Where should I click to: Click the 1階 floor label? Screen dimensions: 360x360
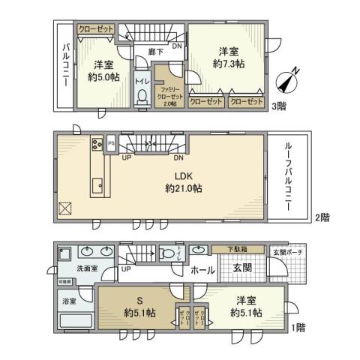[x=298, y=328]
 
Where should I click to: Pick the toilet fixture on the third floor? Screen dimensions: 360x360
[x=141, y=95]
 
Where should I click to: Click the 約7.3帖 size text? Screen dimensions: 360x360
[x=229, y=64]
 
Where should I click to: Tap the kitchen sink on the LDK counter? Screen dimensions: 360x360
[x=97, y=184]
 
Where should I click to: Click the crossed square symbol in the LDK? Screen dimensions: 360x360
[x=64, y=208]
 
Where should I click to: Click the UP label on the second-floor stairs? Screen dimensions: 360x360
[x=126, y=158]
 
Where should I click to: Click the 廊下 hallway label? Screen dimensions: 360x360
[x=155, y=52]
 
